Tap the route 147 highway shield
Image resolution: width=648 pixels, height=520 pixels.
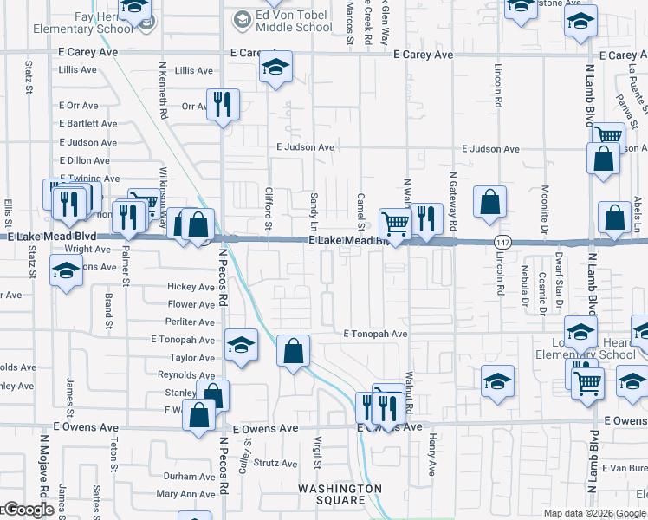pyautogui.click(x=502, y=240)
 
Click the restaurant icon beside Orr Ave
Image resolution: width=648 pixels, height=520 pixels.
pyautogui.click(x=223, y=105)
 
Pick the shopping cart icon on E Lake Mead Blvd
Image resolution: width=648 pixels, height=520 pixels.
pyautogui.click(x=396, y=223)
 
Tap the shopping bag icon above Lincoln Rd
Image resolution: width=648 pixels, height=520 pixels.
pyautogui.click(x=489, y=202)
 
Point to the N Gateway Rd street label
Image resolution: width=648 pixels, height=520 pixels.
pyautogui.click(x=453, y=200)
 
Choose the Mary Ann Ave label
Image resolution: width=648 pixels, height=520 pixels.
pyautogui.click(x=185, y=494)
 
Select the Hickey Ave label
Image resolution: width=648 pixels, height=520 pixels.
pyautogui.click(x=191, y=287)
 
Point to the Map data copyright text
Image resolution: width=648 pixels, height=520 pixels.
pyautogui.click(x=593, y=513)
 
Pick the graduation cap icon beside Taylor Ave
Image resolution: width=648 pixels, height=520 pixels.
pyautogui.click(x=240, y=345)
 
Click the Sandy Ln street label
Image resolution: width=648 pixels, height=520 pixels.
pyautogui.click(x=314, y=205)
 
